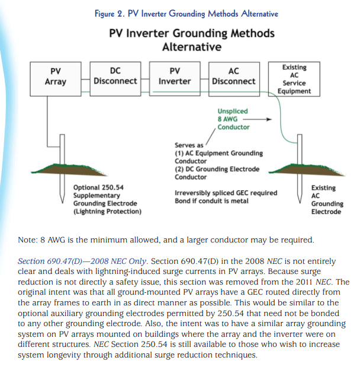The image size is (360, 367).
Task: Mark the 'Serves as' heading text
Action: (189, 145)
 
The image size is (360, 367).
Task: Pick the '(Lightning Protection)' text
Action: (107, 211)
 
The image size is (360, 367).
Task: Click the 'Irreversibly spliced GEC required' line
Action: (226, 193)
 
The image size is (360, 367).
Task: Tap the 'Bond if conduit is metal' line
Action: (211, 201)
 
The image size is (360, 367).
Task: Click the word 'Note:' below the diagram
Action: (30, 240)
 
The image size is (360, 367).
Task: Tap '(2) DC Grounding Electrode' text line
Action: (217, 169)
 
